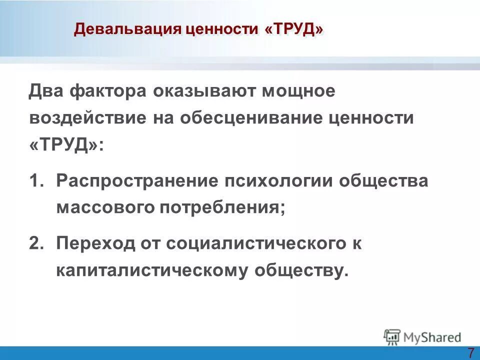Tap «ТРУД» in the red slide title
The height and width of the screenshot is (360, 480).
pos(294,29)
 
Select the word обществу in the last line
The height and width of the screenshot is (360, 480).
pos(300,270)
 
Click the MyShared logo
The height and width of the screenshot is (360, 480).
pos(422,336)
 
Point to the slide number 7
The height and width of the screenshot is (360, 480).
pos(471,351)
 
